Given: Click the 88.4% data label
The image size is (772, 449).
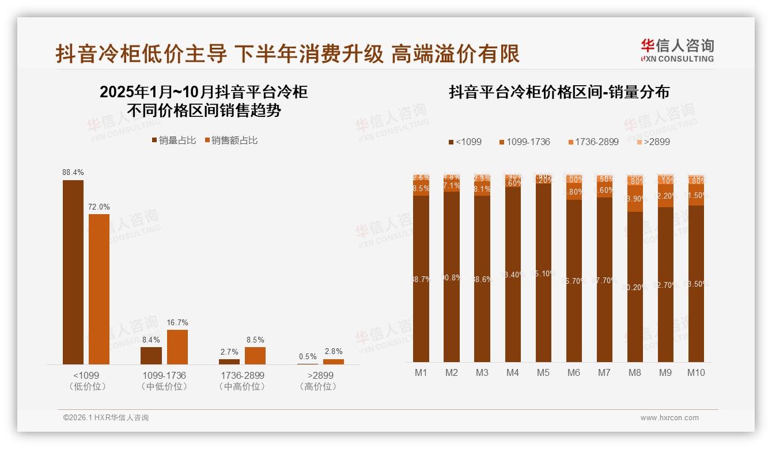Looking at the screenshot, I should pyautogui.click(x=73, y=172).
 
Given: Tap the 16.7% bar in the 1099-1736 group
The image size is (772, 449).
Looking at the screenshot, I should pyautogui.click(x=177, y=347).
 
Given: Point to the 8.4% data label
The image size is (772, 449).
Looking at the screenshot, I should pyautogui.click(x=151, y=340).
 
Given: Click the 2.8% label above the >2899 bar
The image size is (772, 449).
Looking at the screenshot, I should pyautogui.click(x=333, y=351).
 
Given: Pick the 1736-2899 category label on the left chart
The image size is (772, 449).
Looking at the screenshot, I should pyautogui.click(x=242, y=375).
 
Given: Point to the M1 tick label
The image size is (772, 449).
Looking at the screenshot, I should pyautogui.click(x=421, y=372).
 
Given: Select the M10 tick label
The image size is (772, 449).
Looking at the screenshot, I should pyautogui.click(x=696, y=372).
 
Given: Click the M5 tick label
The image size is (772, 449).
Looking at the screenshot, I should pyautogui.click(x=543, y=372).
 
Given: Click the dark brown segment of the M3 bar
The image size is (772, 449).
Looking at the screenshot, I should pyautogui.click(x=482, y=279).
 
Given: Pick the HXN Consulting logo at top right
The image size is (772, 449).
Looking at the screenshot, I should pyautogui.click(x=677, y=50).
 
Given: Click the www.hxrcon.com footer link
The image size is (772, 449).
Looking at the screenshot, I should pyautogui.click(x=669, y=418).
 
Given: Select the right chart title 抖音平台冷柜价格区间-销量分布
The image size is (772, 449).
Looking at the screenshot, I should pyautogui.click(x=559, y=93).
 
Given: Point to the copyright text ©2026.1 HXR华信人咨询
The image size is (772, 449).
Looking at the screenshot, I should pyautogui.click(x=106, y=418).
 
